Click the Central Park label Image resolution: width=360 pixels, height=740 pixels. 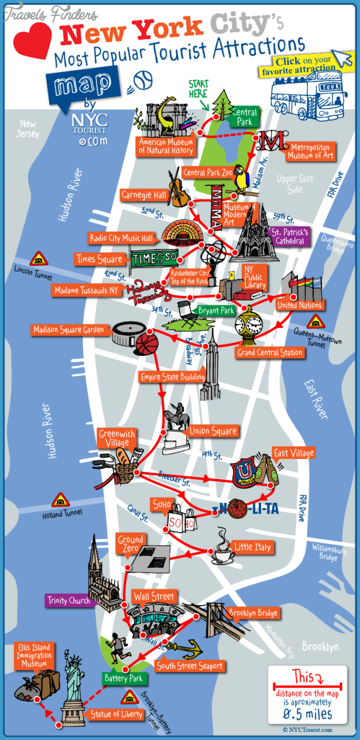(244, 117)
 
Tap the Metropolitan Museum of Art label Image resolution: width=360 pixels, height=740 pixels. (310, 151)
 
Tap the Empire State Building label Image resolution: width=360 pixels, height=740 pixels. (172, 377)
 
